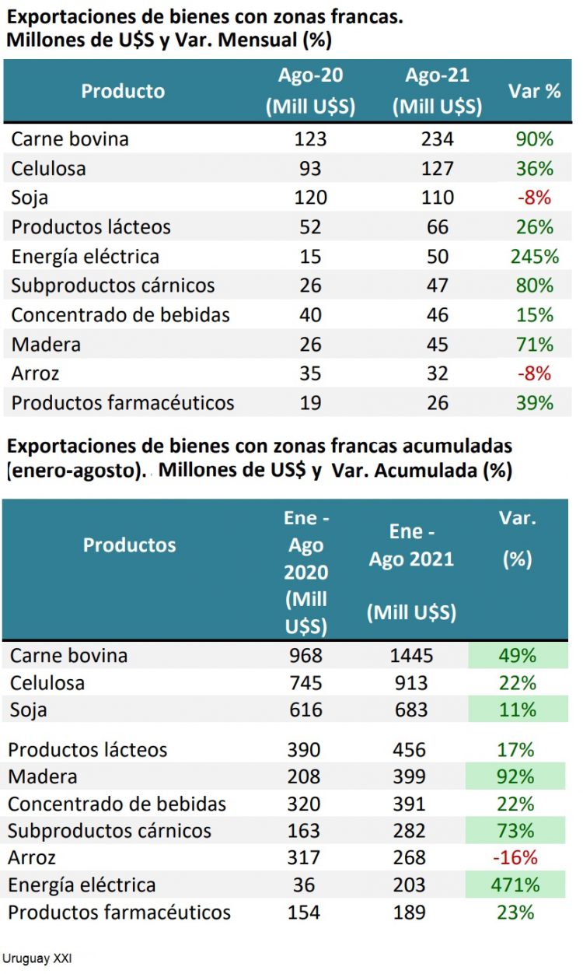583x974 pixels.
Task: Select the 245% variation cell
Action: point(534,257)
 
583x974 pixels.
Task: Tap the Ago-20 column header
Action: point(310,91)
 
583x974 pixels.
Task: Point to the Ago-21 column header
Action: point(437,91)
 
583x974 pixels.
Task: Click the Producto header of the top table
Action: point(123,91)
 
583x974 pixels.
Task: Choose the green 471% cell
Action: point(518,885)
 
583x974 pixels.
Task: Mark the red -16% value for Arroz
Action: point(517,858)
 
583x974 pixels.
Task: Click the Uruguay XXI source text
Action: point(37,958)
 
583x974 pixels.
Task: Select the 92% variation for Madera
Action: point(518,777)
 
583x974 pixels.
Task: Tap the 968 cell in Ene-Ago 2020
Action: point(303,656)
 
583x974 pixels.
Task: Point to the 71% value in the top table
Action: point(534,345)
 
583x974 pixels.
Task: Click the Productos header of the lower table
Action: point(129,545)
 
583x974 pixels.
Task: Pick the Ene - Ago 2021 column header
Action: point(411,572)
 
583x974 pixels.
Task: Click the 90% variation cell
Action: point(534,139)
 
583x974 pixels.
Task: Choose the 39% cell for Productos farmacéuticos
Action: point(534,403)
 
